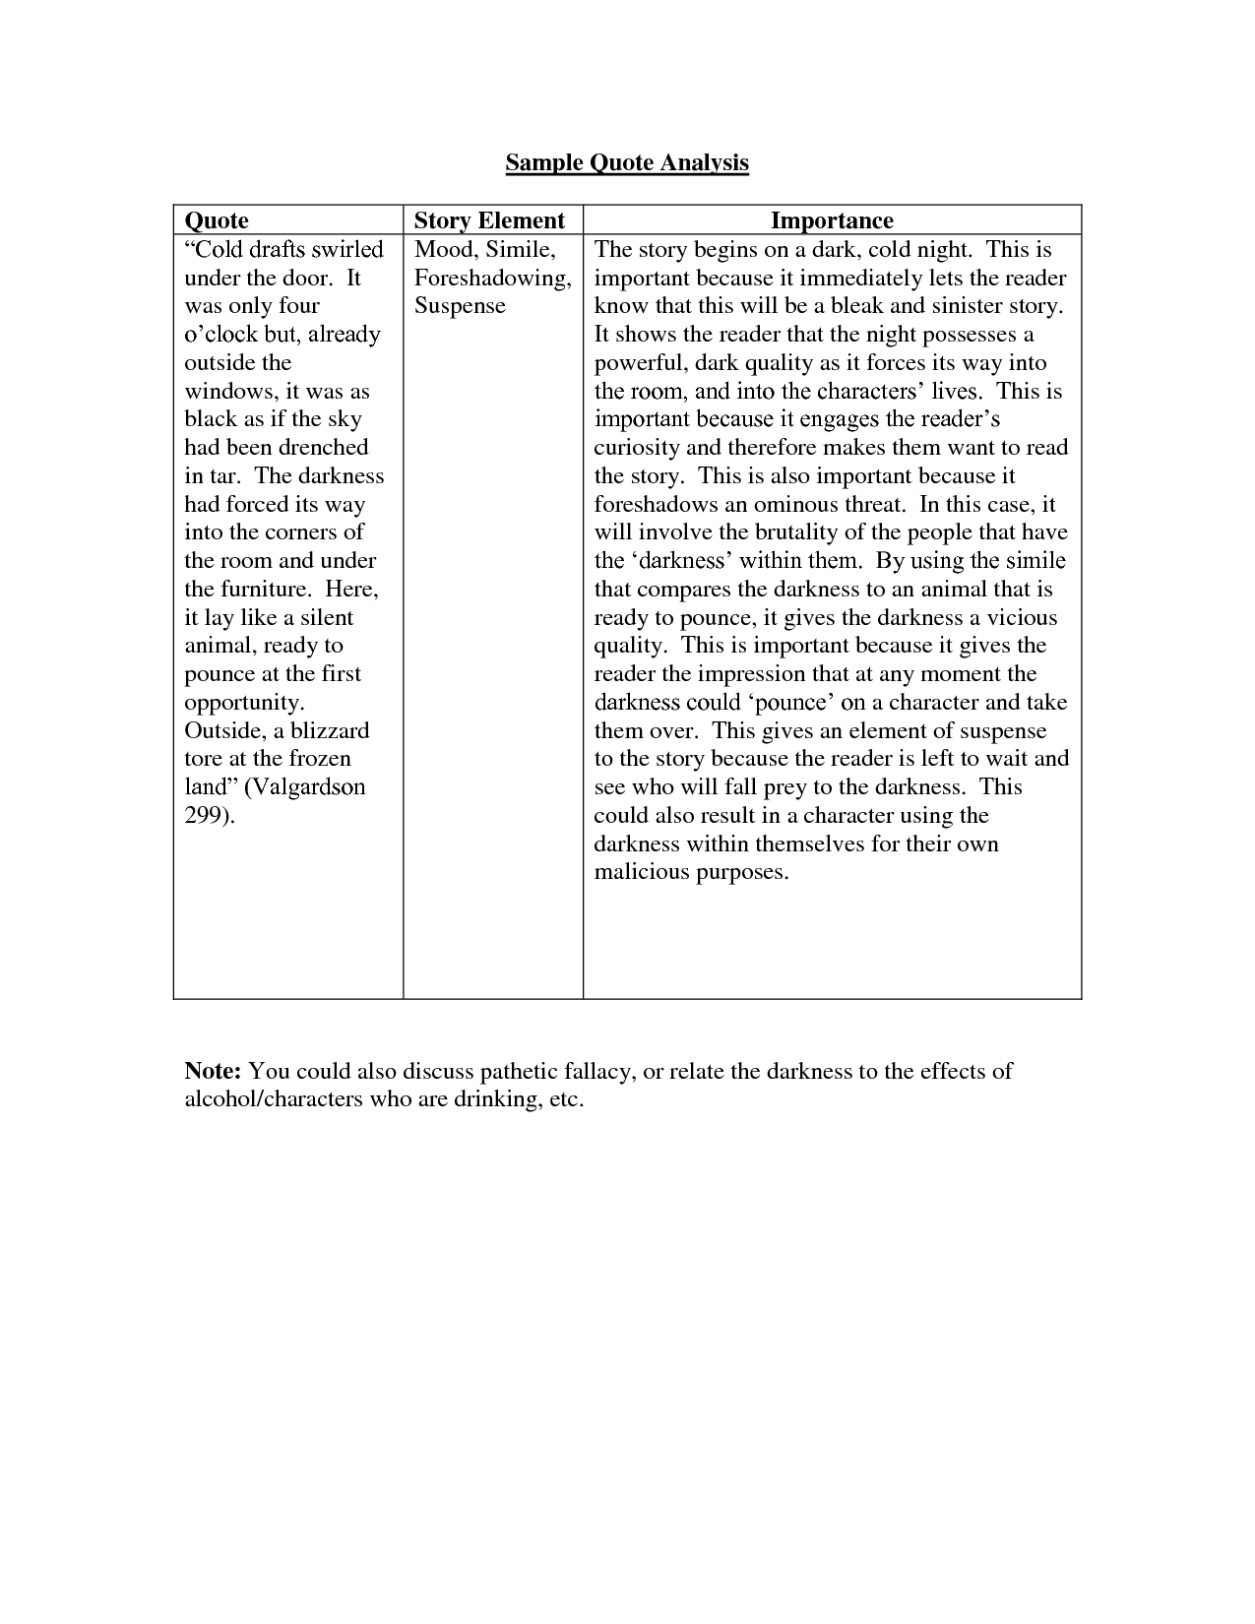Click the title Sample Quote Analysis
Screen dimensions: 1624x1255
(627, 162)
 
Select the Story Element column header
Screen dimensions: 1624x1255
(489, 220)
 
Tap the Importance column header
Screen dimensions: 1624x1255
(832, 220)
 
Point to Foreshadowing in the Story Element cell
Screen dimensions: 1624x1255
(492, 278)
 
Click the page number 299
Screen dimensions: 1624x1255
(206, 815)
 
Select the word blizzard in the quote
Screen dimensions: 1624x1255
(329, 730)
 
